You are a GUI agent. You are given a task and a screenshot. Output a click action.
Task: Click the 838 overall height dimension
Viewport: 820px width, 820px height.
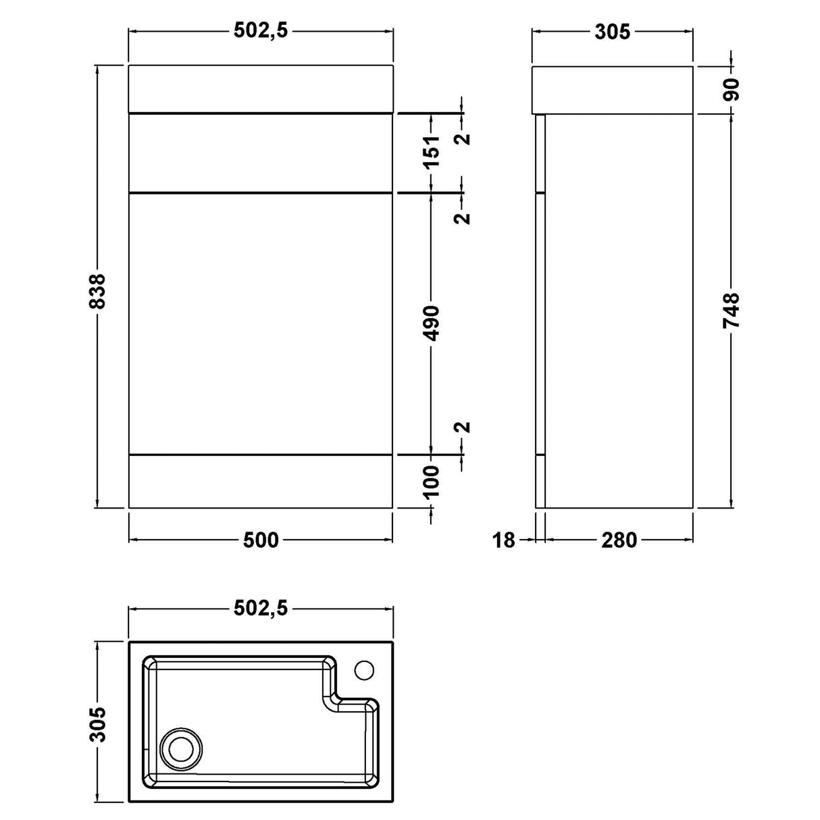pyautogui.click(x=98, y=290)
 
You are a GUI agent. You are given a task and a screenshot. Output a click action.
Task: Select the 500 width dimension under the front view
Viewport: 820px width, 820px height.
pyautogui.click(x=261, y=540)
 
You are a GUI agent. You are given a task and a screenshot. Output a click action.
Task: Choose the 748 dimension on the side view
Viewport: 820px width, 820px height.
pyautogui.click(x=732, y=311)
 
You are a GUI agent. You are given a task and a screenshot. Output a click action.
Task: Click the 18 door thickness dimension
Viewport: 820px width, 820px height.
pyautogui.click(x=504, y=540)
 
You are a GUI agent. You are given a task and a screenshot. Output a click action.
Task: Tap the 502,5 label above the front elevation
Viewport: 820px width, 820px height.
pyautogui.click(x=261, y=31)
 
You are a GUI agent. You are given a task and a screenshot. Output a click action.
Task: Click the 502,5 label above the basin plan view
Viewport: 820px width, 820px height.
pyautogui.click(x=261, y=608)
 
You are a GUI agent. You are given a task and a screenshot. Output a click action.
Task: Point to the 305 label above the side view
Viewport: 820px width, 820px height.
pyautogui.click(x=613, y=31)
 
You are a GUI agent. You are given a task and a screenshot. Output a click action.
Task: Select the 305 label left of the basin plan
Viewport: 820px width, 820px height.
pyautogui.click(x=98, y=724)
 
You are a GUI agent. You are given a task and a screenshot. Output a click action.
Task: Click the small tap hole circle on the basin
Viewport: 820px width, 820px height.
pyautogui.click(x=365, y=670)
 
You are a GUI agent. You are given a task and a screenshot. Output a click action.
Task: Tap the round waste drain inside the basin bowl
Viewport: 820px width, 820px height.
pyautogui.click(x=180, y=750)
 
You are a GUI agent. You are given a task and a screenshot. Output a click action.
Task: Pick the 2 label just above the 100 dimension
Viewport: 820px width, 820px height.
pyautogui.click(x=463, y=427)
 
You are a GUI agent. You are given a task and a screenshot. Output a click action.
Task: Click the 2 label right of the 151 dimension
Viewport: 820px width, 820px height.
pyautogui.click(x=463, y=139)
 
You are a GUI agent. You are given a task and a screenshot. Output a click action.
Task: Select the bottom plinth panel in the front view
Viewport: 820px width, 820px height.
pyautogui.click(x=261, y=481)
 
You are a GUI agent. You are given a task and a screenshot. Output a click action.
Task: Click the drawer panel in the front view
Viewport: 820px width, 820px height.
pyautogui.click(x=261, y=153)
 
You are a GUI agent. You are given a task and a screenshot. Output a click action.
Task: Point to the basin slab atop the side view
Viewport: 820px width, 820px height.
pyautogui.click(x=613, y=89)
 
